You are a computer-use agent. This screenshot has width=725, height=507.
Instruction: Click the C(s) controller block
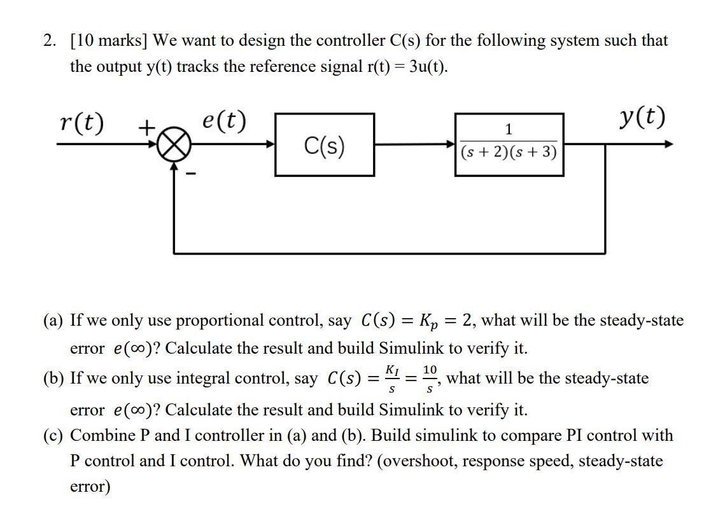(x=324, y=145)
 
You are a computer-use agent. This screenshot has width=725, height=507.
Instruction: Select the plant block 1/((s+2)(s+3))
(x=509, y=144)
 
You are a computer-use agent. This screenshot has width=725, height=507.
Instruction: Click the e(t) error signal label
(x=224, y=120)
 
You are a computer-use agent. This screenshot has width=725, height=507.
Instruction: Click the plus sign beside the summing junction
(x=147, y=128)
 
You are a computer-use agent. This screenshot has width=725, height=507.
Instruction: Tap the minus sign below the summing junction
(x=188, y=172)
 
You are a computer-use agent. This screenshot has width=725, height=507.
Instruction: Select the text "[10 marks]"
(x=108, y=41)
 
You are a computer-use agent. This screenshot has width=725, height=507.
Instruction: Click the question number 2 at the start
(x=49, y=41)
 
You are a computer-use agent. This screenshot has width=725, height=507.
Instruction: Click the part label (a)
(x=53, y=320)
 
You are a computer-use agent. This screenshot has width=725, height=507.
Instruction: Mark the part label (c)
(x=53, y=436)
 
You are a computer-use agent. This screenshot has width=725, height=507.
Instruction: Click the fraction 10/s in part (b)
(x=430, y=378)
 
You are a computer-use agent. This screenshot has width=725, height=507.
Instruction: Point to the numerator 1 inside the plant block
(x=508, y=130)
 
